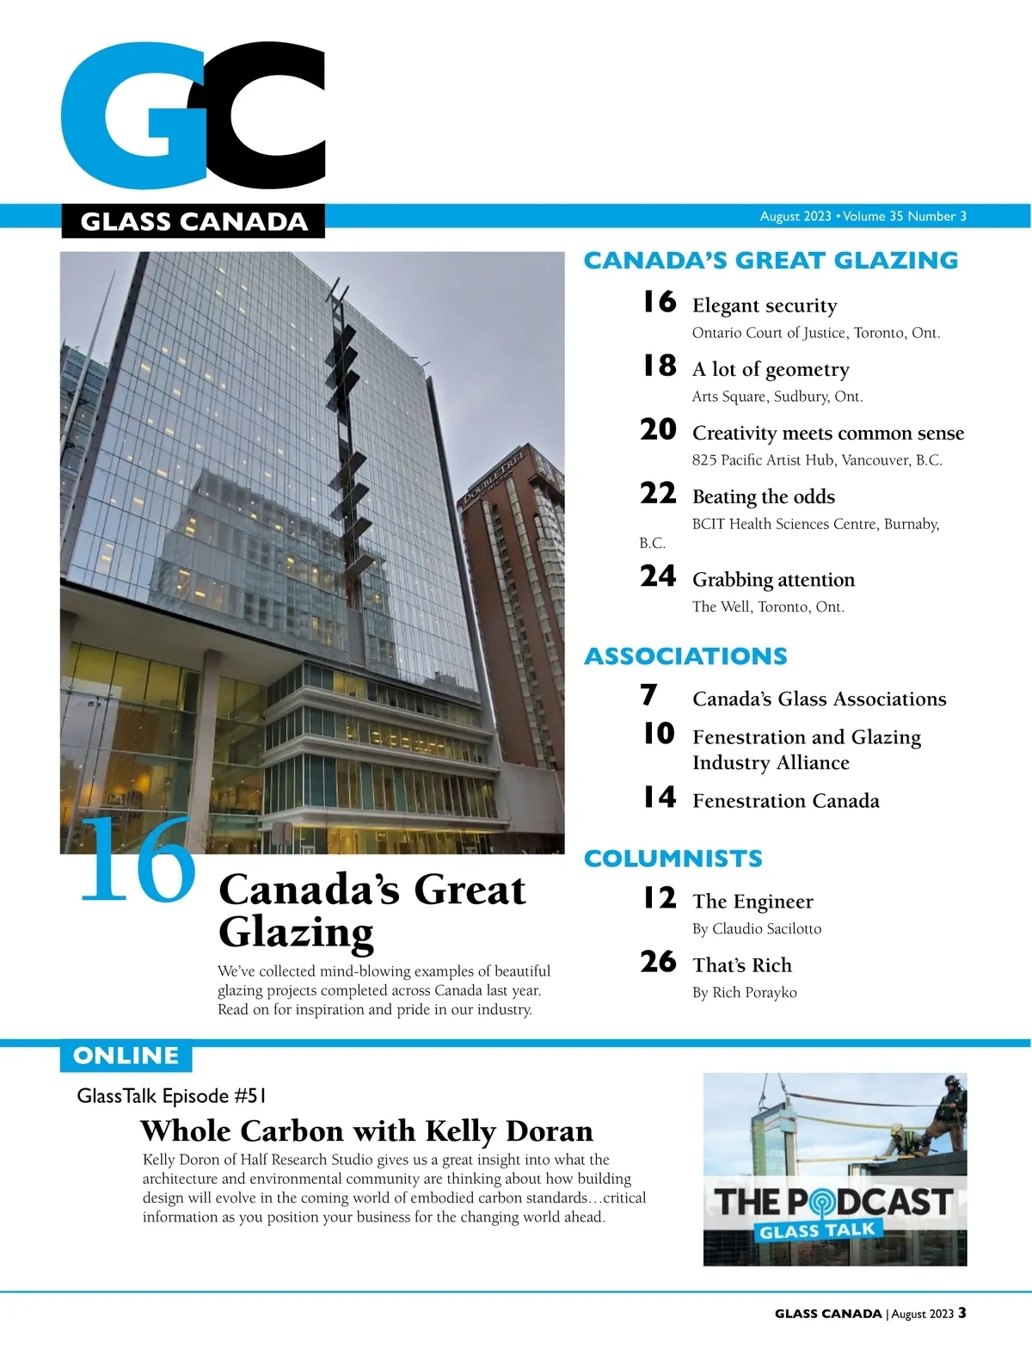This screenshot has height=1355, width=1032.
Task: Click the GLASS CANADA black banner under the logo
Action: coord(193,221)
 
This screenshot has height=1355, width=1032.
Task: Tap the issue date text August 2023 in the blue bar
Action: coord(795,216)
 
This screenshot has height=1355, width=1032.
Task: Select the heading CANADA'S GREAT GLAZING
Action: coord(771,261)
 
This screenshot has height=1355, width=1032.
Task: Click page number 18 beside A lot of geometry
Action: coord(660,366)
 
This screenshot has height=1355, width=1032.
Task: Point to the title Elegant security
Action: coord(765,305)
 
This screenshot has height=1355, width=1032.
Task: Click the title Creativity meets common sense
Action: coord(828,433)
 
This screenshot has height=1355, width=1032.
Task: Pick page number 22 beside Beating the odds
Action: coord(658,493)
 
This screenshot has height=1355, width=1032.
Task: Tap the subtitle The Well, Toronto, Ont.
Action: coord(768,607)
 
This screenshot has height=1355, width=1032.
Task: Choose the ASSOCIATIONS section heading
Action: coord(685,656)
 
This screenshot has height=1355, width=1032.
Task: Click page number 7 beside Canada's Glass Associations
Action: coord(649,695)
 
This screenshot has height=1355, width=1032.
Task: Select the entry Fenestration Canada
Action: coord(786,801)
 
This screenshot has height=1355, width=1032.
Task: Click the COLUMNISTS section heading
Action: coord(673,859)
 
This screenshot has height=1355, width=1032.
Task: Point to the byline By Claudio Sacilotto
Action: coord(757,929)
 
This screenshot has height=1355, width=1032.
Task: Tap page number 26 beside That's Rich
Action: coord(658,962)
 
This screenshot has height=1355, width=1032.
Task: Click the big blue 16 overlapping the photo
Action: coord(138,860)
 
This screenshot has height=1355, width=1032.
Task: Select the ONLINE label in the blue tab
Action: coord(126,1056)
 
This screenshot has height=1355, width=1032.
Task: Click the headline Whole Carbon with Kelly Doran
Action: coord(366,1130)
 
